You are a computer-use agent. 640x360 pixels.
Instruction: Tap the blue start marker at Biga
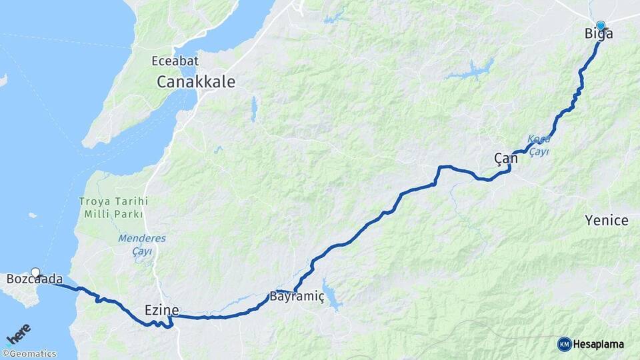click(x=601, y=25)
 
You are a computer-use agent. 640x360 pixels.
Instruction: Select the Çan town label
click(x=505, y=159)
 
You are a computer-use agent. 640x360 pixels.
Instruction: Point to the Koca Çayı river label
click(x=539, y=145)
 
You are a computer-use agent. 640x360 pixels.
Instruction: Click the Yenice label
click(x=606, y=221)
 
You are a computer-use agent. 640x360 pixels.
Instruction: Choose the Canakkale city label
click(x=196, y=82)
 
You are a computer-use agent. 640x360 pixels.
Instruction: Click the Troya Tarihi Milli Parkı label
click(x=113, y=207)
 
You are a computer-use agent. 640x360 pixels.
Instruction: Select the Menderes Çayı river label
click(x=141, y=244)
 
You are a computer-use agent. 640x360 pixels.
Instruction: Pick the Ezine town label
click(x=162, y=309)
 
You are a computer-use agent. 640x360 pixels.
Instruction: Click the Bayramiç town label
click(x=297, y=297)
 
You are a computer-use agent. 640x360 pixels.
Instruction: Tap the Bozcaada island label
click(x=35, y=279)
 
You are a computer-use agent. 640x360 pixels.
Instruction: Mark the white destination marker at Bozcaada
click(x=35, y=272)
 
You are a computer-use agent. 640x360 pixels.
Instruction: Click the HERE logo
click(x=19, y=333)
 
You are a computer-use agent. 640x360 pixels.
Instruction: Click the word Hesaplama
click(x=598, y=345)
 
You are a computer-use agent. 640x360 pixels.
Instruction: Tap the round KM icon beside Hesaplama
click(x=564, y=344)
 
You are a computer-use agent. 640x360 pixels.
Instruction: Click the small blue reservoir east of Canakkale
click(x=253, y=109)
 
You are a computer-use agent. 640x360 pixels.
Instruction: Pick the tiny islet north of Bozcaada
click(x=33, y=215)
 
